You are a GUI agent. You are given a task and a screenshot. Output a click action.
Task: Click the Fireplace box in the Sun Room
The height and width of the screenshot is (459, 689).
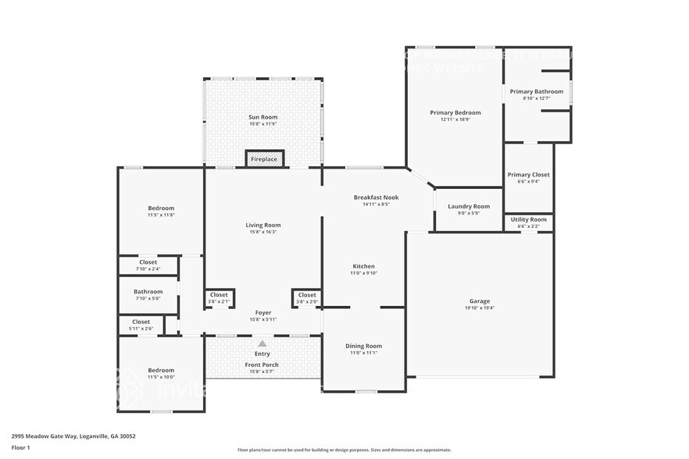pyautogui.click(x=263, y=159)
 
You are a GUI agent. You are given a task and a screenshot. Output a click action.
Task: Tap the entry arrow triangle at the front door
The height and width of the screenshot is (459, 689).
pyautogui.click(x=262, y=343)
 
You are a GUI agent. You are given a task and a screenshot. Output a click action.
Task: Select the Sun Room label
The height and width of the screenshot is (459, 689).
pyautogui.click(x=262, y=117)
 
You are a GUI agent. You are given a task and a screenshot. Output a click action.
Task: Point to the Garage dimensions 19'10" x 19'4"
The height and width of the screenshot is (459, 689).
pyautogui.click(x=480, y=308)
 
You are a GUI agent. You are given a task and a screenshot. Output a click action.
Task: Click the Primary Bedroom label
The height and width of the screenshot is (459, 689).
pyautogui.click(x=455, y=112)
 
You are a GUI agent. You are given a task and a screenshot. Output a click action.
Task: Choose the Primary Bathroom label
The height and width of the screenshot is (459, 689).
pyautogui.click(x=536, y=91)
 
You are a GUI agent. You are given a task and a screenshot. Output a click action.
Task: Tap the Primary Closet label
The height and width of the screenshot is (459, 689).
pyautogui.click(x=529, y=175)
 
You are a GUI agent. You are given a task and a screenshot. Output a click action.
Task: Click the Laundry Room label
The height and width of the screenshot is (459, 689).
pyautogui.click(x=469, y=206)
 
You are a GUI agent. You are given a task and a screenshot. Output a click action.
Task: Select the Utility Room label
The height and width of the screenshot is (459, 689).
pyautogui.click(x=529, y=219)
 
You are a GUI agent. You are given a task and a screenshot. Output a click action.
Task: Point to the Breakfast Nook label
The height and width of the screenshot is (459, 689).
pyautogui.click(x=376, y=197)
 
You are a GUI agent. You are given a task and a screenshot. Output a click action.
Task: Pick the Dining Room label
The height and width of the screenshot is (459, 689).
pyautogui.click(x=363, y=346)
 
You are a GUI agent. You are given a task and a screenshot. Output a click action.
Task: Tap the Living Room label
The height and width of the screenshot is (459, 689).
pyautogui.click(x=262, y=225)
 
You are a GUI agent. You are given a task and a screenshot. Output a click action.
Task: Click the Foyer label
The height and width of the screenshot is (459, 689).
pyautogui.click(x=262, y=312)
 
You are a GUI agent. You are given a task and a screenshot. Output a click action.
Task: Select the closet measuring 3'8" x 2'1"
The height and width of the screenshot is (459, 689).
pyautogui.click(x=219, y=297)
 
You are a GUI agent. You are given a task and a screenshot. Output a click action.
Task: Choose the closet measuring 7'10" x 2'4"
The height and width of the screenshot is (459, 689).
pyautogui.click(x=148, y=265)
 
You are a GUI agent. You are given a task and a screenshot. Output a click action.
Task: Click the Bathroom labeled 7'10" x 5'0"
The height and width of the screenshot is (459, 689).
pyautogui.click(x=148, y=294)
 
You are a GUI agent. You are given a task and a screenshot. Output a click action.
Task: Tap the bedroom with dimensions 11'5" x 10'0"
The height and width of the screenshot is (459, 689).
pyautogui.click(x=161, y=374)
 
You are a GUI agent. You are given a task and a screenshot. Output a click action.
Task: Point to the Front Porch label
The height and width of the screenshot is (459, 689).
pyautogui.click(x=262, y=365)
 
